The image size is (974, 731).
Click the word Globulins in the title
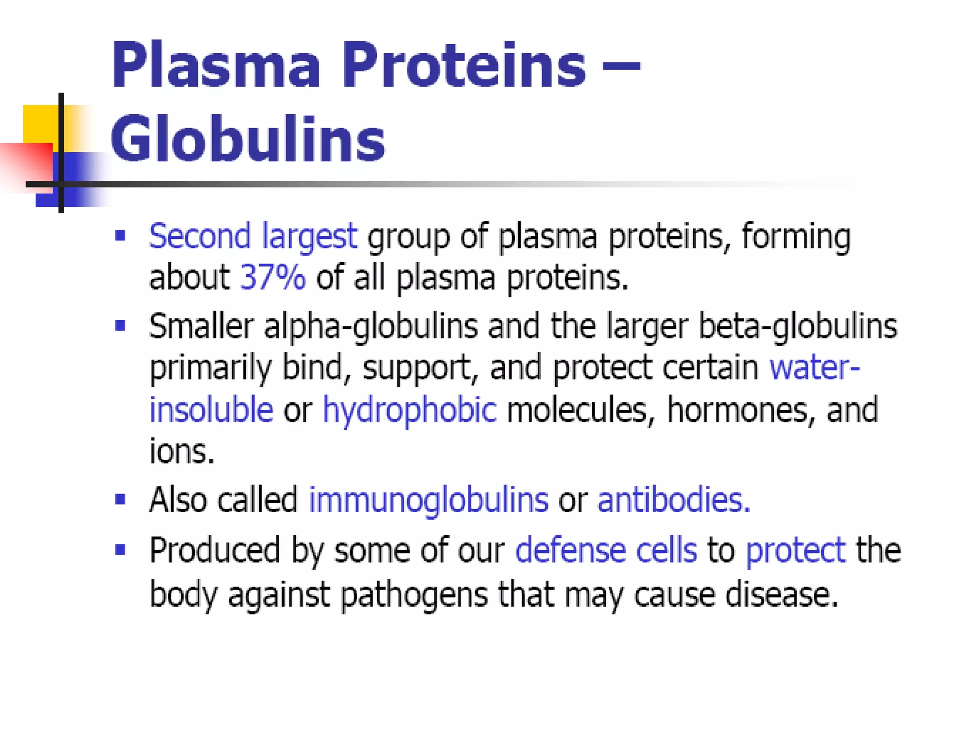pyautogui.click(x=247, y=139)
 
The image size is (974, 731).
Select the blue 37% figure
pyautogui.click(x=273, y=277)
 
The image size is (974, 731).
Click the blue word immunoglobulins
pyautogui.click(x=429, y=500)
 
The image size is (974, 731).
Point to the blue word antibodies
pyautogui.click(x=672, y=500)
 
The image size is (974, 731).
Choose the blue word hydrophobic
pyautogui.click(x=409, y=410)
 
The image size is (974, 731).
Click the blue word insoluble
pyautogui.click(x=211, y=410)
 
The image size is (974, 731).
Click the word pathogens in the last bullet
pyautogui.click(x=414, y=595)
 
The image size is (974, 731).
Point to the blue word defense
pyautogui.click(x=570, y=550)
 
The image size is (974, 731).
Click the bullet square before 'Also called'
pyautogui.click(x=120, y=500)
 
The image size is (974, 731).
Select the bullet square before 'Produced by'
pyautogui.click(x=120, y=550)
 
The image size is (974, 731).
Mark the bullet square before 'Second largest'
pyautogui.click(x=120, y=235)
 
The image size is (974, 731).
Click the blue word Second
pyautogui.click(x=200, y=236)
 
